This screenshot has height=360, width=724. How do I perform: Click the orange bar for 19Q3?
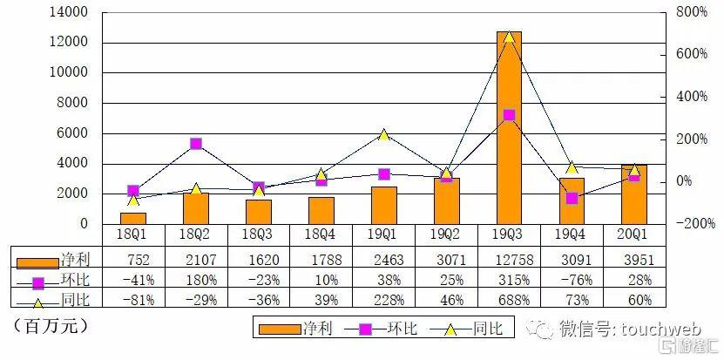coord(510,128)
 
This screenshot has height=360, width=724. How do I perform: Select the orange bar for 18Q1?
coord(134,219)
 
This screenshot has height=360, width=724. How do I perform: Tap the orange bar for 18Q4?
coord(321,211)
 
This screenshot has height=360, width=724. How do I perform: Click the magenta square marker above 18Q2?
coord(196,144)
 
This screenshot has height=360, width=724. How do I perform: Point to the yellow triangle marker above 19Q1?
coord(383,135)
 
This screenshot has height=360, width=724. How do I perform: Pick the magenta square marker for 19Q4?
coord(572,198)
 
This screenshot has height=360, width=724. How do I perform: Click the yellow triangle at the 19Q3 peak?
coord(510,37)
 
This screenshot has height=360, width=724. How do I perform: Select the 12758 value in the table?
coord(510,259)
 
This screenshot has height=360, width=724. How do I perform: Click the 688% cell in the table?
coord(510,300)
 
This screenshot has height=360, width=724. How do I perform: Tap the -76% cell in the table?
coord(572,280)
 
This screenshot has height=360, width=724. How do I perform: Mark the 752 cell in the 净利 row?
coord(139,259)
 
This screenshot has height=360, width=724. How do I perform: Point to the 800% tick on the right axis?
coord(692,12)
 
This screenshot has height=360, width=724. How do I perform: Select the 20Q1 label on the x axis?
coord(634,234)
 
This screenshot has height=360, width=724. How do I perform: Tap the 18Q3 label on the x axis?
coord(258,234)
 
